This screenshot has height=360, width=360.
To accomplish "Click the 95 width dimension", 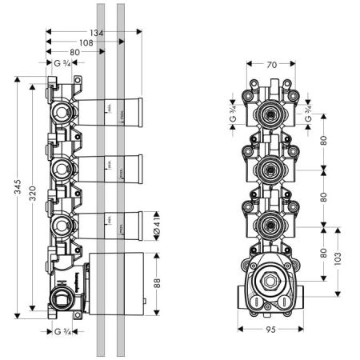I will (x=273, y=330).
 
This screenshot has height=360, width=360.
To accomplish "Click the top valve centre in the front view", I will (x=272, y=116).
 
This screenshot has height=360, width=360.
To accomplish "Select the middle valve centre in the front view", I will (x=272, y=170).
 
